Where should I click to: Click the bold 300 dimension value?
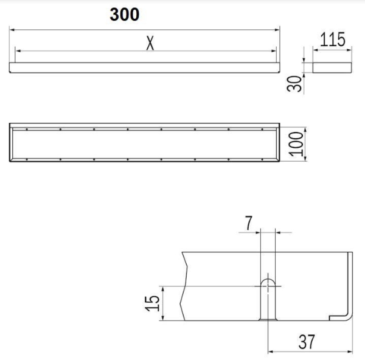tap(124, 15)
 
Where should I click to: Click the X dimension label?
tap(148, 43)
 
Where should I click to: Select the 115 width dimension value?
tap(333, 40)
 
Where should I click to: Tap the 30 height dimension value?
tap(294, 83)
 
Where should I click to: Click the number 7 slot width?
tap(248, 223)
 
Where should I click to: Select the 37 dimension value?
tap(308, 342)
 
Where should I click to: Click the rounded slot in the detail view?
tap(267, 298)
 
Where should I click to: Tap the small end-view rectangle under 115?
tap(332, 66)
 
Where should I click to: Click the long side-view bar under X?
tap(144, 67)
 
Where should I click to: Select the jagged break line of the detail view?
tap(182, 286)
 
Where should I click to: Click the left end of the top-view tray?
tap(13, 144)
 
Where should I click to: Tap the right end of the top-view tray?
tap(277, 144)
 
